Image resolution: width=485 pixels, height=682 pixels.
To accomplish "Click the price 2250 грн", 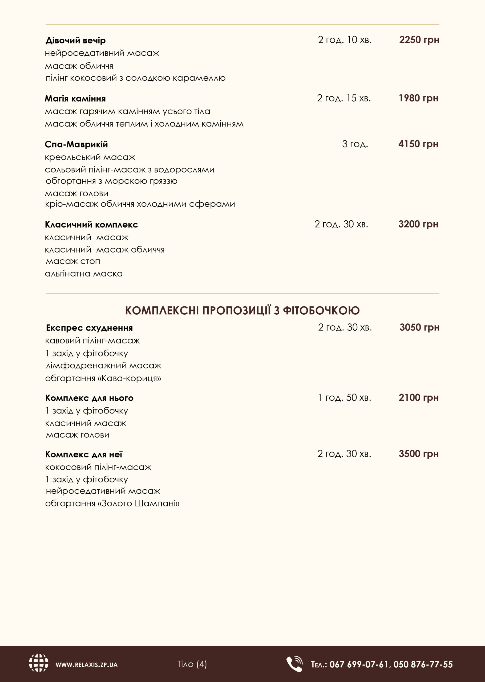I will [x=419, y=40].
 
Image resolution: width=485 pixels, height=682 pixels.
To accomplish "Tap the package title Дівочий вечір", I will [x=76, y=40].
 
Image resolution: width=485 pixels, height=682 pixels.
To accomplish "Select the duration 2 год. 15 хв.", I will [x=344, y=98].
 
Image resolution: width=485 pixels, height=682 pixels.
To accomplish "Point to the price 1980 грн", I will [x=418, y=98].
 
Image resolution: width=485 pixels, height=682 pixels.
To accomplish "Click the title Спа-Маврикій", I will [x=76, y=144].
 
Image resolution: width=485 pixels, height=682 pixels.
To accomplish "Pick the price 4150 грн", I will [x=418, y=144].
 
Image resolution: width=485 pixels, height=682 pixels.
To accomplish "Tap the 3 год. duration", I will [x=355, y=144].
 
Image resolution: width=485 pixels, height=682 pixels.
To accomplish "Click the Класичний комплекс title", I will [x=91, y=225].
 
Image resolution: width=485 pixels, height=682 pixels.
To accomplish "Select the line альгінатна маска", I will [x=84, y=274].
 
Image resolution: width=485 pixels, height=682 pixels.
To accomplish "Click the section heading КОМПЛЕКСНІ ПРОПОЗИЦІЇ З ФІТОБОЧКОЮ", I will [x=242, y=311].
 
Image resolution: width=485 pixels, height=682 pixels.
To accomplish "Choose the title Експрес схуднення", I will [x=89, y=328].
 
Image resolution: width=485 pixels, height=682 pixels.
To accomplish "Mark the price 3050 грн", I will [x=419, y=327].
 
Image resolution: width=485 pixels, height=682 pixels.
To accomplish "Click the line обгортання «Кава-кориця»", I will [x=103, y=379].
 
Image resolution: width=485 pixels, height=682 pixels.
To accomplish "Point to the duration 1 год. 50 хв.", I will [x=344, y=397].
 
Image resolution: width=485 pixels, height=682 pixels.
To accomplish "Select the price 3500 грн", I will [x=418, y=454].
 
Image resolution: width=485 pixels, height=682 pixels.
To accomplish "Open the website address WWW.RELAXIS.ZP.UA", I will [x=87, y=665].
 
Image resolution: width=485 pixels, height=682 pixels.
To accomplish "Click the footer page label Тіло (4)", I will [x=192, y=664].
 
